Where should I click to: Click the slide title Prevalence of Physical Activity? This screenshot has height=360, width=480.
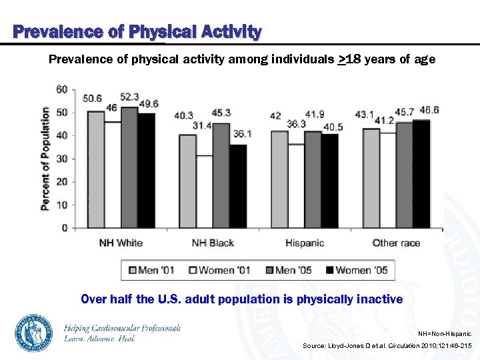(x=137, y=31)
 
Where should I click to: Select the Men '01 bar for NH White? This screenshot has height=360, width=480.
(x=96, y=169)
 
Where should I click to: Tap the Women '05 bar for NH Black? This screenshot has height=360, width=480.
(x=238, y=186)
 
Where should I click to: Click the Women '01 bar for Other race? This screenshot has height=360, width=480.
(x=387, y=181)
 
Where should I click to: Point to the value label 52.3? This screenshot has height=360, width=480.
(x=130, y=97)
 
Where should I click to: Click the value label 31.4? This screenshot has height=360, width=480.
(x=203, y=125)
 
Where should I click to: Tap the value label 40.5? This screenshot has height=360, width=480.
(x=333, y=127)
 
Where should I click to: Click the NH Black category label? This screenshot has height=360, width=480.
(x=213, y=243)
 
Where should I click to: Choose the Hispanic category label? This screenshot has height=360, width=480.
(x=305, y=243)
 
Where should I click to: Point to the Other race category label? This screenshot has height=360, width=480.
(x=396, y=243)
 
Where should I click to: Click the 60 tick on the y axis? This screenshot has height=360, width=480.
(x=62, y=89)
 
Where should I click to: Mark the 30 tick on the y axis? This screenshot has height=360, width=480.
(x=62, y=159)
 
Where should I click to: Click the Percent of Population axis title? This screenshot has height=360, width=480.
(x=45, y=159)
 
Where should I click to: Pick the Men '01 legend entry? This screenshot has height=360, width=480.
(x=152, y=270)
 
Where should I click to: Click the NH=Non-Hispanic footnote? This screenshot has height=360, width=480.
(x=444, y=333)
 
